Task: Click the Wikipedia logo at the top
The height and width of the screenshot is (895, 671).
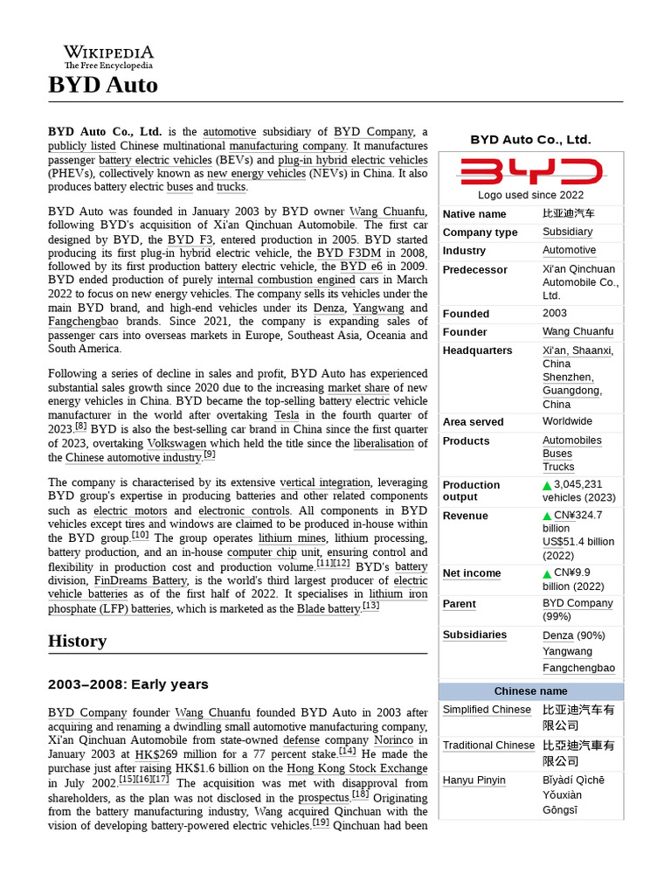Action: click(108, 56)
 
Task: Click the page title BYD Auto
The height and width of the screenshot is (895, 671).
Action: click(103, 85)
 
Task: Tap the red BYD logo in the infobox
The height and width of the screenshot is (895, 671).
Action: click(531, 171)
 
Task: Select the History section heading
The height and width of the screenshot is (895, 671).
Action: click(78, 641)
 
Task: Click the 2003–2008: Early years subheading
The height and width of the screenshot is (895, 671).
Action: click(128, 684)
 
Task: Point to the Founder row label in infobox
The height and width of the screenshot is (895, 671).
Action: click(465, 332)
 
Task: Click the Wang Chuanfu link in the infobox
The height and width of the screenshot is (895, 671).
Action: click(578, 332)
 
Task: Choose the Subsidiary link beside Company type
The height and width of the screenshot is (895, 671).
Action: click(567, 232)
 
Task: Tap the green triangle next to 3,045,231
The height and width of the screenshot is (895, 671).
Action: click(547, 485)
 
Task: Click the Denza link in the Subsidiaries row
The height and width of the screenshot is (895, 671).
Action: click(557, 635)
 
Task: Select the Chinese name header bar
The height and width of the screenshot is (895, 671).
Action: click(530, 691)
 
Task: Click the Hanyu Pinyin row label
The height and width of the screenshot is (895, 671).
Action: click(474, 781)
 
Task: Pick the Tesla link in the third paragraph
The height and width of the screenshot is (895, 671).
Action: click(287, 415)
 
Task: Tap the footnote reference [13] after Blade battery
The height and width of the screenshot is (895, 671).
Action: click(370, 605)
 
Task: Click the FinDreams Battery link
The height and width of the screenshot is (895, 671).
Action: click(141, 580)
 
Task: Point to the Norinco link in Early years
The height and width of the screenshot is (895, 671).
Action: click(393, 741)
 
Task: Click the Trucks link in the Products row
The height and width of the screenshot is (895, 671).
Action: click(558, 467)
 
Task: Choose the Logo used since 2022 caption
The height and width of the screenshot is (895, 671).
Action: click(530, 195)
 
